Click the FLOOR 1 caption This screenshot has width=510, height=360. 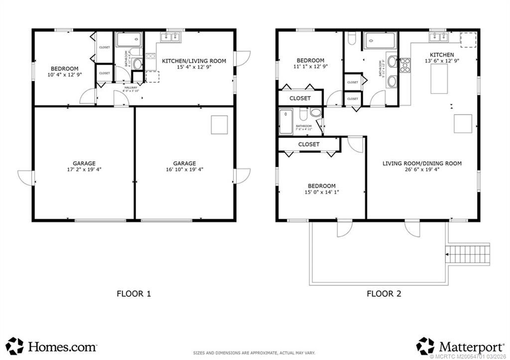[133, 294]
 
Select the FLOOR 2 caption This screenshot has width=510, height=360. [383, 294]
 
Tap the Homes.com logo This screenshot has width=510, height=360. [52, 346]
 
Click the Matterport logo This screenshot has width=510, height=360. [458, 346]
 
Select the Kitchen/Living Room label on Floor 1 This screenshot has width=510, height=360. [194, 61]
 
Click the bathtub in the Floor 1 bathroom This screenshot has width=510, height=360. [129, 39]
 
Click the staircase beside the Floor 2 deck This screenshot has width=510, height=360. [468, 253]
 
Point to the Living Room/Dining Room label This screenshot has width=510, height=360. [422, 163]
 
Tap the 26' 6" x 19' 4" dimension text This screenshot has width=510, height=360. [422, 170]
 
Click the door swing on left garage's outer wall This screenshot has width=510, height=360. [24, 177]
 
